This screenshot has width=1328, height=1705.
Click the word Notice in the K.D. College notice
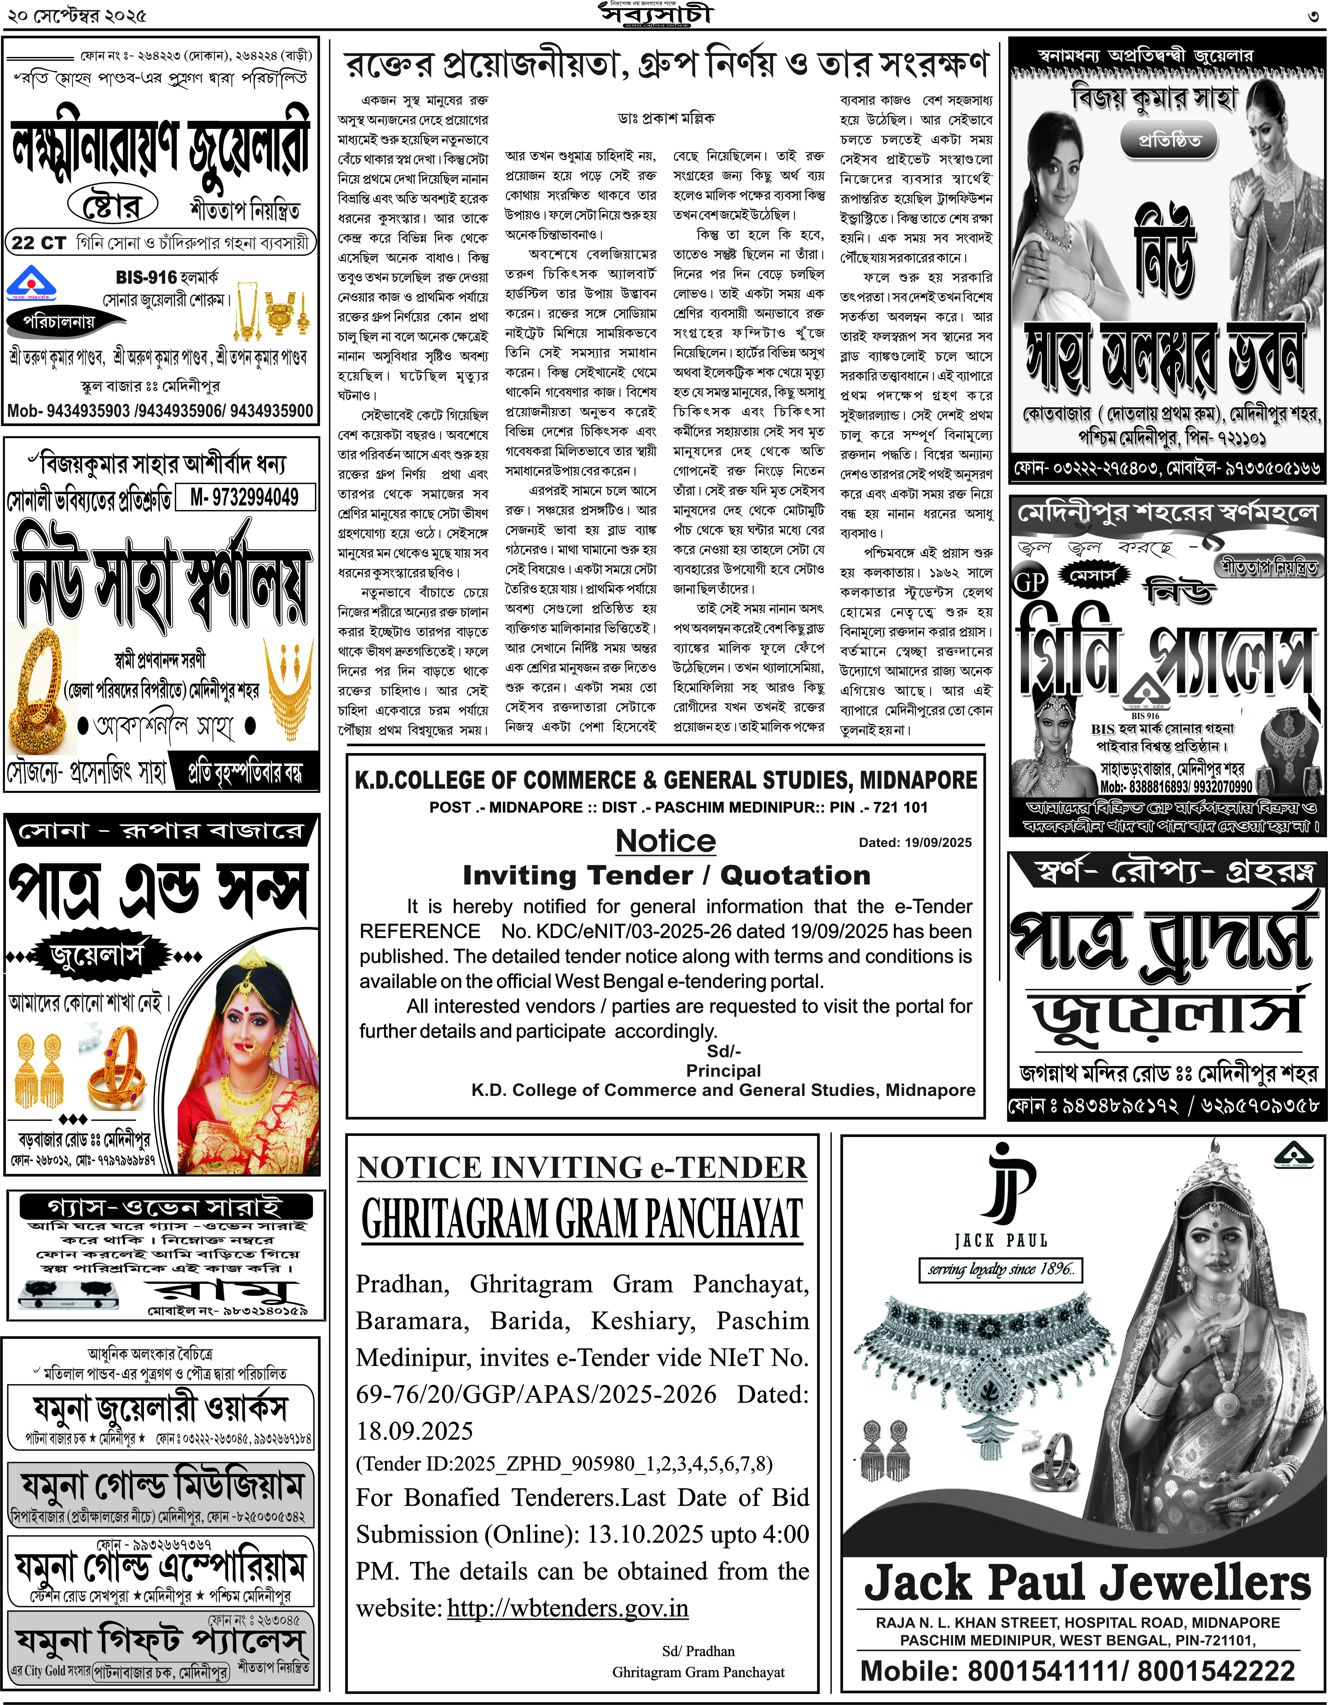tap(665, 841)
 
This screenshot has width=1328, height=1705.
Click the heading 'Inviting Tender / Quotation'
tap(666, 875)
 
